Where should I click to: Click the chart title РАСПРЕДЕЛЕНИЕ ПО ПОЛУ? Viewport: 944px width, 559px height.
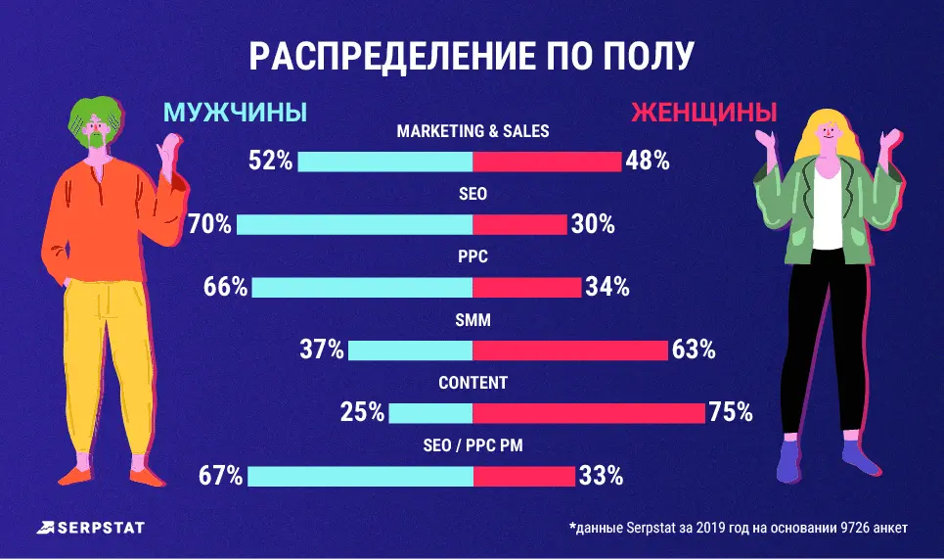tap(472, 56)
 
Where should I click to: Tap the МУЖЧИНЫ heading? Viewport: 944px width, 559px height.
tap(235, 113)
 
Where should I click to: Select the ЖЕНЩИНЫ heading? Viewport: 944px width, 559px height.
tap(703, 113)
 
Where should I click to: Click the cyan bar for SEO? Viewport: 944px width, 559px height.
tap(354, 224)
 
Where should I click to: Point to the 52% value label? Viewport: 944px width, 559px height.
tap(271, 162)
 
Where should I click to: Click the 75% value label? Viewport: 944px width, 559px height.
tap(730, 413)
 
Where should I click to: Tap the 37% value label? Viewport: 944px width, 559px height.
tap(322, 349)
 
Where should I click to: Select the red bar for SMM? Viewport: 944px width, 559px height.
tap(570, 349)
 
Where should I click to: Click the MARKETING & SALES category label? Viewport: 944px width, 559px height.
tap(472, 130)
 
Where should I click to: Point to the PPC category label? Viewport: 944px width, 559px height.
tap(472, 257)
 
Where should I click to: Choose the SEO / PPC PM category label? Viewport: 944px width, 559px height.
tap(472, 446)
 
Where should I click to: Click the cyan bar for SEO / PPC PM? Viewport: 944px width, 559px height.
tap(360, 477)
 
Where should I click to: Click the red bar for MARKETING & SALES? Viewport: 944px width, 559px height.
tap(547, 162)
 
